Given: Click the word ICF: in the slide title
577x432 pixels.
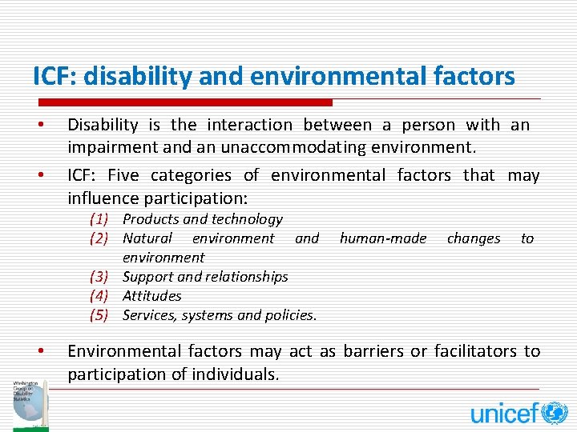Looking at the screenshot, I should (57, 76).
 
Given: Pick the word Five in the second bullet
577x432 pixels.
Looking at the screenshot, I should (123, 175).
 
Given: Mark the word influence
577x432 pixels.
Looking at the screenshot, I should (103, 198).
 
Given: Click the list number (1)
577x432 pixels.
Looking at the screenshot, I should (99, 219).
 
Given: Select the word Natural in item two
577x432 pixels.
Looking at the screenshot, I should (147, 238).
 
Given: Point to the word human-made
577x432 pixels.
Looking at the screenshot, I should (383, 238).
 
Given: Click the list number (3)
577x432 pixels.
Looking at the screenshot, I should (99, 277).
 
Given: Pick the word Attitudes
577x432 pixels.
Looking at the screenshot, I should (151, 296).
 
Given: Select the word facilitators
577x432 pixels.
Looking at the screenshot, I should (474, 351).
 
